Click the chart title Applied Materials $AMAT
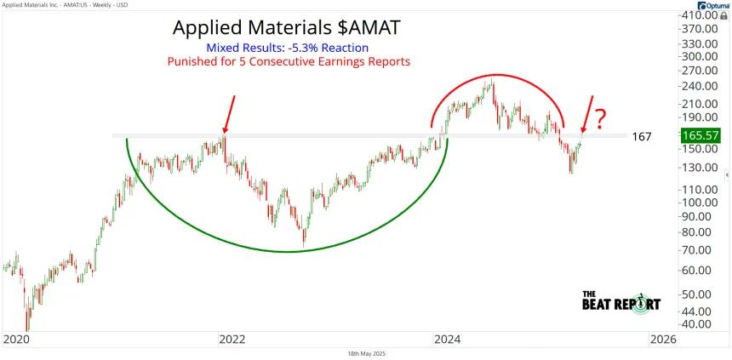click(x=286, y=27)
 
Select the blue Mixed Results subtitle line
click(x=288, y=48)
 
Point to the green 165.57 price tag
click(x=700, y=135)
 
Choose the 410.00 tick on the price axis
click(x=699, y=15)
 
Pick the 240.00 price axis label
click(x=699, y=86)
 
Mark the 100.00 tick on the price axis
click(x=699, y=203)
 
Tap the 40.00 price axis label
click(x=701, y=323)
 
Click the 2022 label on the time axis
click(x=232, y=340)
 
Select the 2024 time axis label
click(x=447, y=340)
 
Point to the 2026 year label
click(x=663, y=340)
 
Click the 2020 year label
click(x=16, y=340)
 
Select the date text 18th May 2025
click(x=366, y=354)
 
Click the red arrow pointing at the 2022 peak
click(x=230, y=115)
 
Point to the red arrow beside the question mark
click(x=587, y=114)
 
